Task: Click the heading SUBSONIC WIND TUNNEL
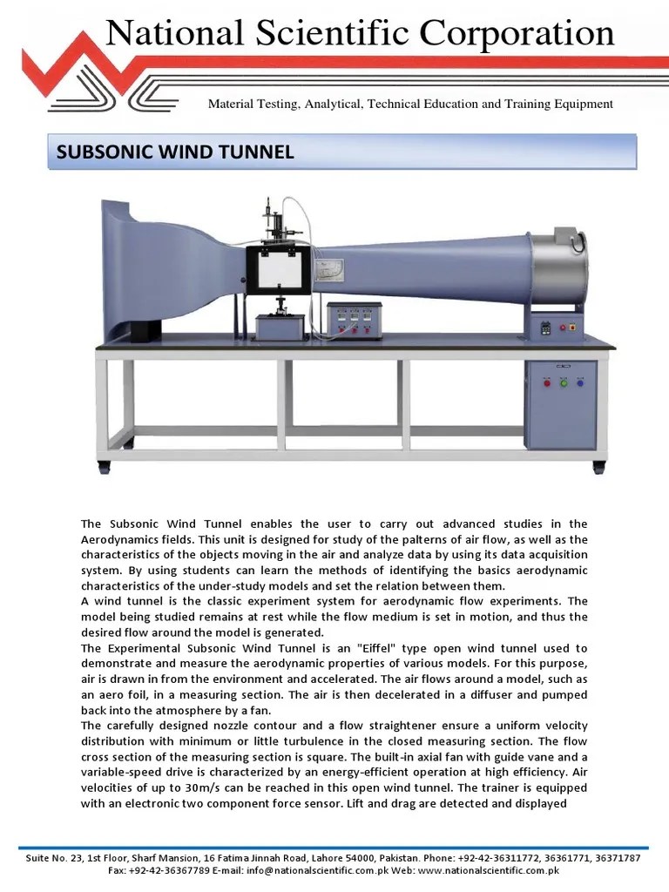click(x=175, y=152)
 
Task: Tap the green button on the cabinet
click(x=563, y=382)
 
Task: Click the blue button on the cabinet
click(x=578, y=382)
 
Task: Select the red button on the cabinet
click(x=547, y=382)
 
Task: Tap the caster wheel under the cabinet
click(x=598, y=466)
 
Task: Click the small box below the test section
click(x=280, y=328)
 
